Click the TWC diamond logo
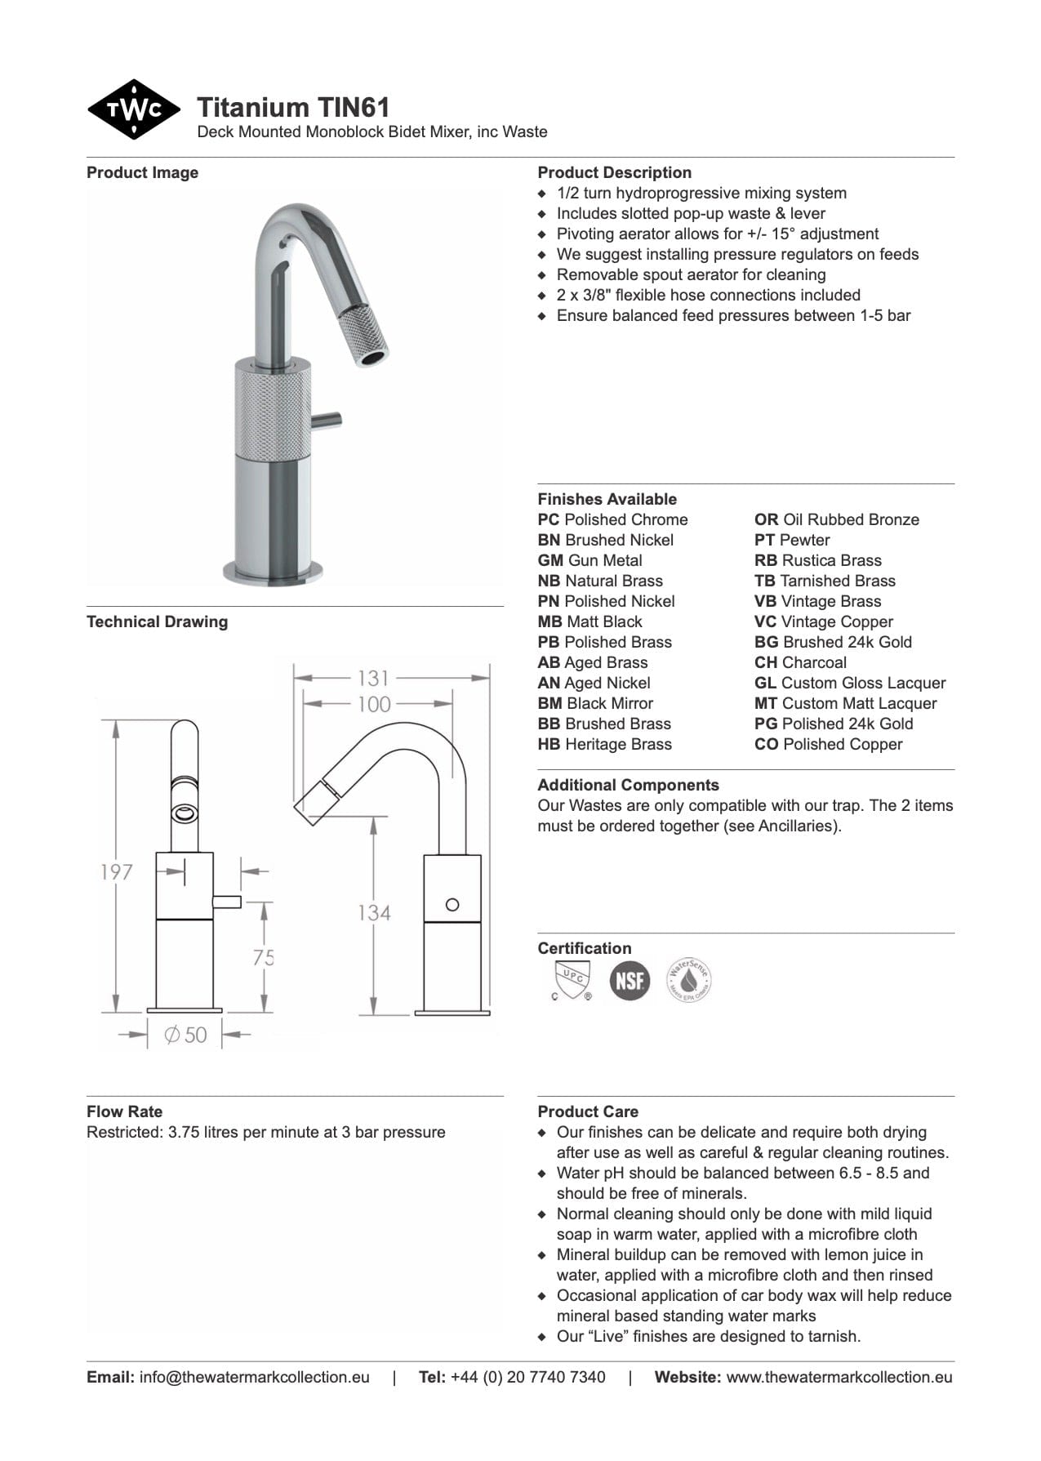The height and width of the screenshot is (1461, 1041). [x=133, y=109]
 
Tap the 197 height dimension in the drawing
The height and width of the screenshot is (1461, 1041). [x=116, y=872]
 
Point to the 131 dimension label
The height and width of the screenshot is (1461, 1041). [x=373, y=678]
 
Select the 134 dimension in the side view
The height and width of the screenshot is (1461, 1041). [x=374, y=912]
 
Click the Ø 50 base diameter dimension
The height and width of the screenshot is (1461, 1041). [x=185, y=1036]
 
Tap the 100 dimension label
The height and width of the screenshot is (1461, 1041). [x=374, y=704]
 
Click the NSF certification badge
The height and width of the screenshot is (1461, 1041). [x=629, y=979]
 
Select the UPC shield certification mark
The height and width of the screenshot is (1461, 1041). [x=571, y=979]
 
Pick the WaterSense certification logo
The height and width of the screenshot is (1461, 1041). [x=689, y=979]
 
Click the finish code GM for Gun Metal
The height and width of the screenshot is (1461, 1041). [x=549, y=560]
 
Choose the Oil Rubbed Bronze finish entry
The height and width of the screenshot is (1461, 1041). [x=837, y=519]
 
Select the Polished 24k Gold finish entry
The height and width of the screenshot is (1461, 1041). [x=834, y=724]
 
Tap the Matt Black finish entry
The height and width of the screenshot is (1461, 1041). [x=590, y=621]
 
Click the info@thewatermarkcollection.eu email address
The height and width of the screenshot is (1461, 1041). [x=255, y=1377]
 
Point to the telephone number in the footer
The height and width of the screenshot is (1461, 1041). [x=527, y=1377]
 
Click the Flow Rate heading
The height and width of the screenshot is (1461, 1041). [x=124, y=1111]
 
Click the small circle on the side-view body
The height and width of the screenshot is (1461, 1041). [x=452, y=904]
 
